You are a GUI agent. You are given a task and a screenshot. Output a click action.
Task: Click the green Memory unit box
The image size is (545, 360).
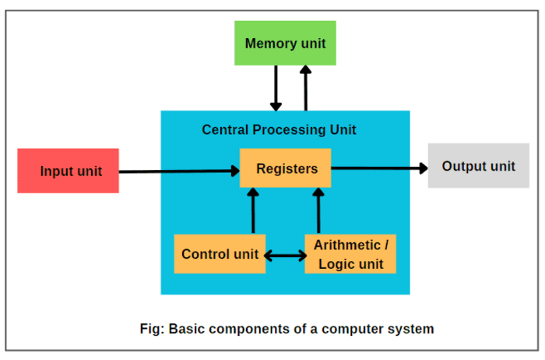pyautogui.click(x=285, y=43)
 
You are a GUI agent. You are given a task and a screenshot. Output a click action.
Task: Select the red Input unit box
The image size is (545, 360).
pyautogui.click(x=69, y=171)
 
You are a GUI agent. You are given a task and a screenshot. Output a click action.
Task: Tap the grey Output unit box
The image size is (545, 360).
pyautogui.click(x=478, y=166)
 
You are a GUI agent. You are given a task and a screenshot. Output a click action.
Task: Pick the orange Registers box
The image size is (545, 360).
pyautogui.click(x=286, y=168)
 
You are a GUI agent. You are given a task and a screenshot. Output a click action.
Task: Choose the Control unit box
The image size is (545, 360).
pyautogui.click(x=220, y=254)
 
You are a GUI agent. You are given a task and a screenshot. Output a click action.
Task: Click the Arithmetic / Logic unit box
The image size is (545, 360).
pyautogui.click(x=350, y=254)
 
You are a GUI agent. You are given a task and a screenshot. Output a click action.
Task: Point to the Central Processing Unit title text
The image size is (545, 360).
pyautogui.click(x=279, y=129)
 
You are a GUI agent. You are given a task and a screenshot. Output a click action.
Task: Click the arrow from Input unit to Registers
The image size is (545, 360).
pyautogui.click(x=179, y=171)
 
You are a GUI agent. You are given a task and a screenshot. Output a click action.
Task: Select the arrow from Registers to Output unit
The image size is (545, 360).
pyautogui.click(x=378, y=168)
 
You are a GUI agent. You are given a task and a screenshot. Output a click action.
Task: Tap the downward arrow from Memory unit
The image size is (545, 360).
pyautogui.click(x=275, y=87)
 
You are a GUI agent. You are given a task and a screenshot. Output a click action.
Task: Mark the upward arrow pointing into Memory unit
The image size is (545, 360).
pyautogui.click(x=305, y=87)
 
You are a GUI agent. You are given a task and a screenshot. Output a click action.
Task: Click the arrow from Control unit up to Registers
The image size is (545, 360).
pyautogui.click(x=252, y=210)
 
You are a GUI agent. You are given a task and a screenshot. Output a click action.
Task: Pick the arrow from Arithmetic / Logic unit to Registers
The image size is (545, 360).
pyautogui.click(x=318, y=210)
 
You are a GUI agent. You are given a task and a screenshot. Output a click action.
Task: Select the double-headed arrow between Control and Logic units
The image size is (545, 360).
pyautogui.click(x=285, y=255)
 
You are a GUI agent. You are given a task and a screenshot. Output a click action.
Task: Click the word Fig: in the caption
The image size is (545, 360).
pyautogui.click(x=153, y=328)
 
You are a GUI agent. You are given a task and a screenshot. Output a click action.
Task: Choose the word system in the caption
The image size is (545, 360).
pyautogui.click(x=413, y=328)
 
